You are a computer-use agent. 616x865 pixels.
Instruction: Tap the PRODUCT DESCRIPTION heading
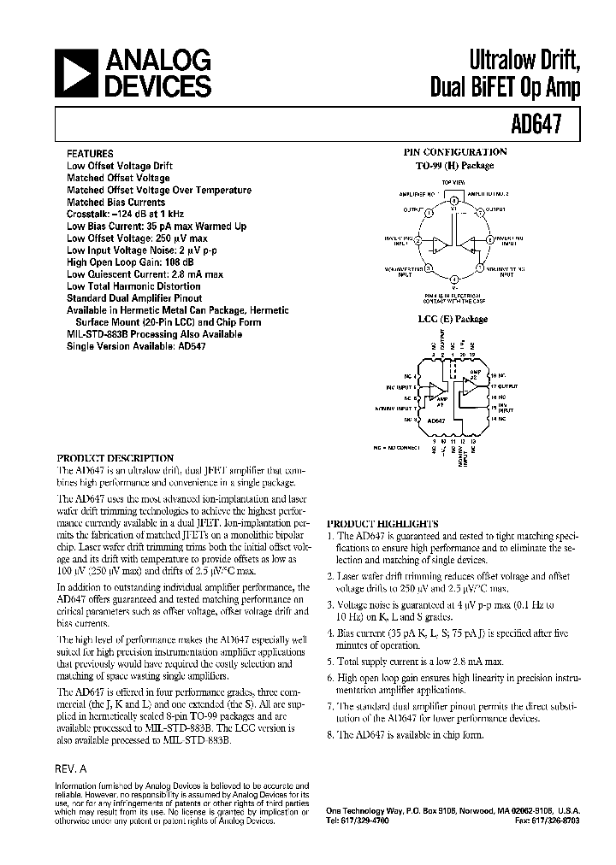tap(115, 458)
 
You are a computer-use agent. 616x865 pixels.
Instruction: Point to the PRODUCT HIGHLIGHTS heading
tap(382, 523)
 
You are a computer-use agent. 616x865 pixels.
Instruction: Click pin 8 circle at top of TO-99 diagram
tap(453, 197)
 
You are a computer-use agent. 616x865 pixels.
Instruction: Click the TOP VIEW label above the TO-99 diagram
tap(453, 184)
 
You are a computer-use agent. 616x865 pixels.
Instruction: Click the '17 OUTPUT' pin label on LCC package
tap(506, 385)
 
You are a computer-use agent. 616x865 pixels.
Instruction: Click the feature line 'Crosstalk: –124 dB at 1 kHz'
tap(125, 214)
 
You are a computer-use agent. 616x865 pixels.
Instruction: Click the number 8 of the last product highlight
tap(330, 735)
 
